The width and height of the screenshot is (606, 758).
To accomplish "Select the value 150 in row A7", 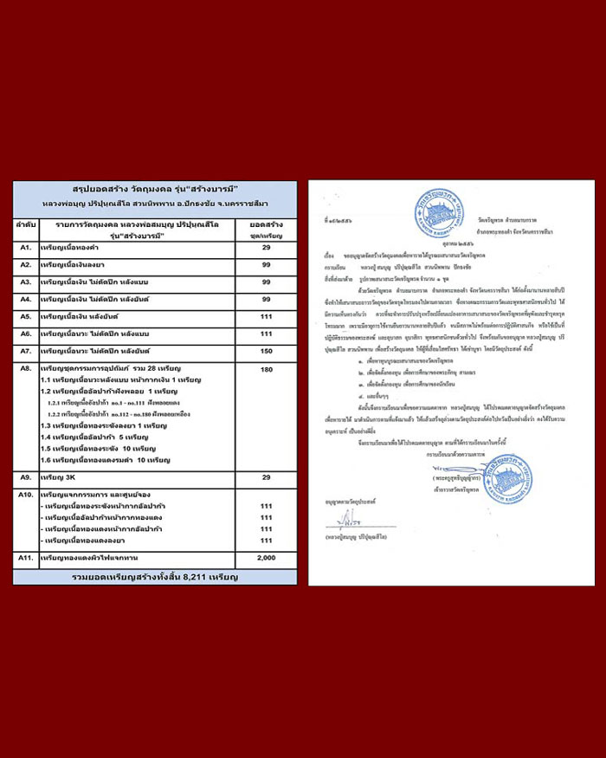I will [266, 351].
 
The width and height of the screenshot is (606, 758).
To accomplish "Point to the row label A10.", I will [26, 494].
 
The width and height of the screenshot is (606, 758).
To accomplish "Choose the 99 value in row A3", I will [266, 282].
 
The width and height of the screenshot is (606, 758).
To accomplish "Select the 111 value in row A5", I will [266, 316].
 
